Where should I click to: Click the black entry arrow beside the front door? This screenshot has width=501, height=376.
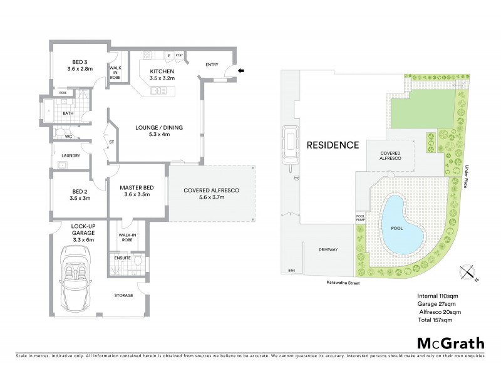pos(242,71)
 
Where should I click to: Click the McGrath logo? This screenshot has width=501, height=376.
pos(451,343)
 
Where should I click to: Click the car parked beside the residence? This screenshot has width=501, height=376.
pos(290,145)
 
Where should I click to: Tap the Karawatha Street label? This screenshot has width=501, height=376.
pos(343,283)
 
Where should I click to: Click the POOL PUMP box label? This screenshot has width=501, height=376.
pos(361,217)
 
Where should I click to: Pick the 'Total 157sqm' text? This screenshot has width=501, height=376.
pos(435,320)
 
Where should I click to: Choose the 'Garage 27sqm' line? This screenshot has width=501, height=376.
pos(436,304)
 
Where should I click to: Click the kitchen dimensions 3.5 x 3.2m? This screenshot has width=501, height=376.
pos(162,78)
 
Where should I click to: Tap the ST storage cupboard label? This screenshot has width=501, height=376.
pos(111,142)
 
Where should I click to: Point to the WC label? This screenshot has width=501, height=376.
pos(68,137)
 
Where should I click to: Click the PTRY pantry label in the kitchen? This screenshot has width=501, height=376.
pos(179,55)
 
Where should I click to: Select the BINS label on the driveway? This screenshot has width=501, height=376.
pos(291,271)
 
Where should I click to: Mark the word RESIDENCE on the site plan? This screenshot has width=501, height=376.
pos(333,145)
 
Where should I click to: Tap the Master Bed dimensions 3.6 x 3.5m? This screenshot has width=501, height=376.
pos(137,195)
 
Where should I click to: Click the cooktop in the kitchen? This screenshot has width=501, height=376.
pos(147,55)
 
